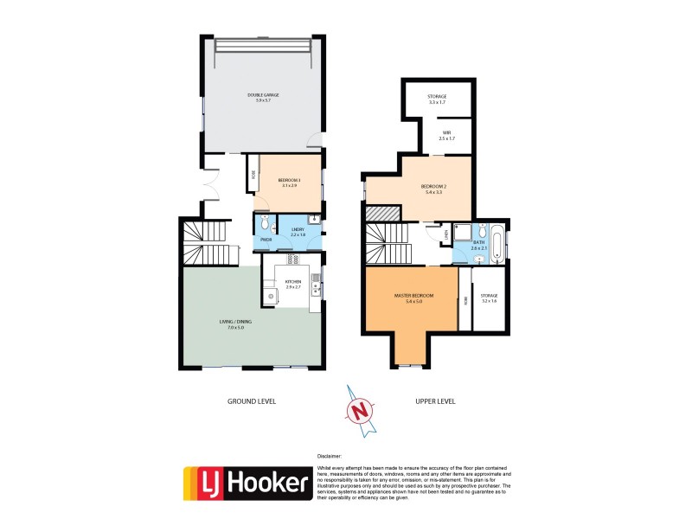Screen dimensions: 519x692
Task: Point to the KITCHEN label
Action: (292, 282)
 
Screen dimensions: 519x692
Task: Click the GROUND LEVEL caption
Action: (251, 401)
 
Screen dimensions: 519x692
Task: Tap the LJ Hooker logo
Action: (247, 483)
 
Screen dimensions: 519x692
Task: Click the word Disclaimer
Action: (330, 454)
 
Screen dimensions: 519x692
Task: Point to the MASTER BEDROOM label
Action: (413, 296)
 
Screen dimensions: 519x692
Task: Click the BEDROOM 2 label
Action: (433, 186)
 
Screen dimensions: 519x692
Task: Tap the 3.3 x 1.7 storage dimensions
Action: (437, 102)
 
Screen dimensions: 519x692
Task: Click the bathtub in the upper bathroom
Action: (498, 243)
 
